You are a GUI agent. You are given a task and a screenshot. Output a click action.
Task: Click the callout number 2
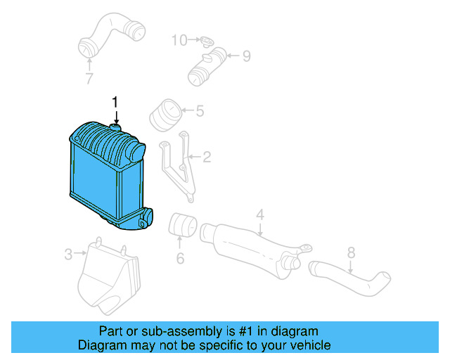pyautogui.click(x=207, y=157)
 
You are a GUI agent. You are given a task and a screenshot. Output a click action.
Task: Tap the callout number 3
pyautogui.click(x=68, y=255)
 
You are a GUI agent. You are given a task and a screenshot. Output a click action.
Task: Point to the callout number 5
pyautogui.click(x=199, y=110)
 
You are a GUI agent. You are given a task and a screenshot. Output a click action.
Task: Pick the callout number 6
pyautogui.click(x=180, y=259)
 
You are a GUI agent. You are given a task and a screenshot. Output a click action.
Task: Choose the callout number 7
pyautogui.click(x=89, y=79)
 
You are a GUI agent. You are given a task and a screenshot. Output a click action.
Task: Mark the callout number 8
pyautogui.click(x=352, y=252)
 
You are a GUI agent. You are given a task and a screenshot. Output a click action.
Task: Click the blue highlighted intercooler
pyautogui.click(x=105, y=172)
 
